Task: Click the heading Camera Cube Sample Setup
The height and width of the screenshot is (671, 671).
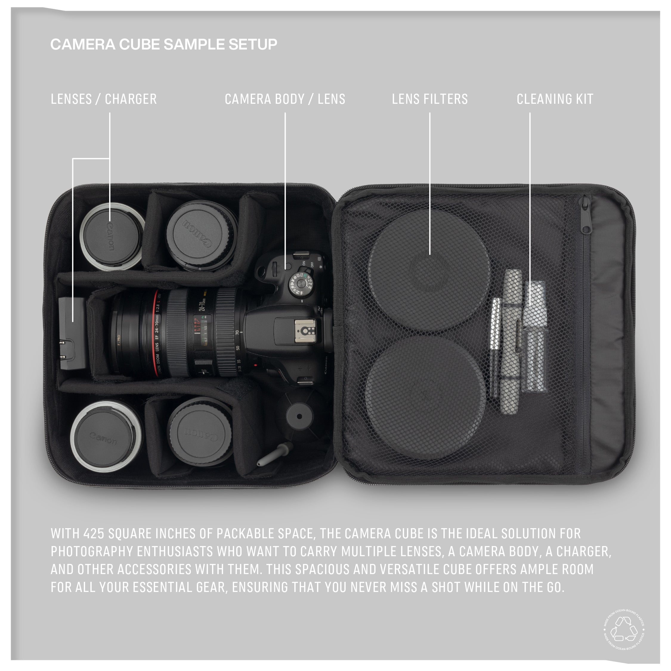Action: (x=164, y=44)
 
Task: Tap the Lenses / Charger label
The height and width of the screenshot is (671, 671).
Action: (x=103, y=99)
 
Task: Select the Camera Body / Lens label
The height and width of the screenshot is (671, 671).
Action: (x=285, y=99)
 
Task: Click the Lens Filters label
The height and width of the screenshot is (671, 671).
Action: (x=430, y=99)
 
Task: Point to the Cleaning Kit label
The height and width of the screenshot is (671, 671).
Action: (x=555, y=99)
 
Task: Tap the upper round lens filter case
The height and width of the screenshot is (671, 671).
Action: (x=430, y=270)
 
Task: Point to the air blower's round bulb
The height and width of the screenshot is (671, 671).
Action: (x=299, y=416)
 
